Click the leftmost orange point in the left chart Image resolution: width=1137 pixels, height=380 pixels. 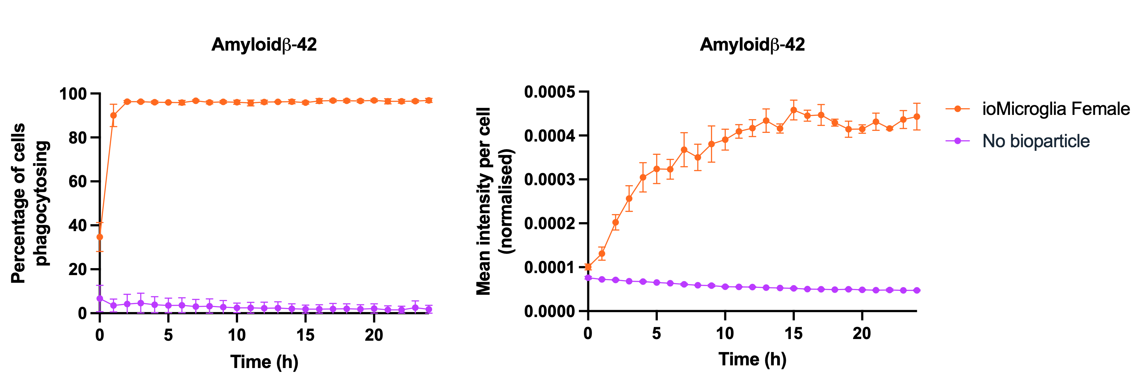point(100,237)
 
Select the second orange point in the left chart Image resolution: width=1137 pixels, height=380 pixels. point(113,115)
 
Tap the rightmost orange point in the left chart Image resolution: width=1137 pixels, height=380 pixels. point(429,100)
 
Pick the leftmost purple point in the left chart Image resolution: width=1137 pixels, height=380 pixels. point(100,298)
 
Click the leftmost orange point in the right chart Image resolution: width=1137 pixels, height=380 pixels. point(588,267)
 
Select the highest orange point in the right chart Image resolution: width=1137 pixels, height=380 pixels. point(793,110)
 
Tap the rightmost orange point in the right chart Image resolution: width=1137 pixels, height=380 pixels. point(917,117)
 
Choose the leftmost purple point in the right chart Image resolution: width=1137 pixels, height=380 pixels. point(588,277)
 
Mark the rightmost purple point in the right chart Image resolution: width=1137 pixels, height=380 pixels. point(917,290)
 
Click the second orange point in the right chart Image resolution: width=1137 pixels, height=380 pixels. point(602,254)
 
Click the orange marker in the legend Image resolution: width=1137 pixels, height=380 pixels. point(957,109)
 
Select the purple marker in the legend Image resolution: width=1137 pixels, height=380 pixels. point(957,141)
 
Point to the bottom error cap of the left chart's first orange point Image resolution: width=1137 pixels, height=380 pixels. point(100,251)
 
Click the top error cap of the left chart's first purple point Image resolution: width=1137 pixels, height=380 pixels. point(100,285)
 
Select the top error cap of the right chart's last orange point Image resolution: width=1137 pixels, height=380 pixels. point(917,103)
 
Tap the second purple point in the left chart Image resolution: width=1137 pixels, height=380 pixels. point(113,305)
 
